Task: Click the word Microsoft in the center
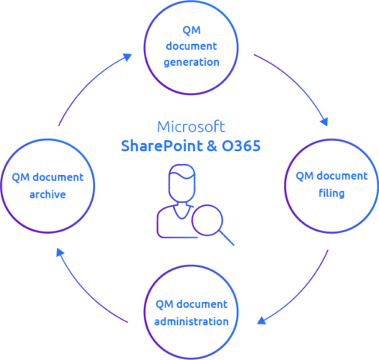coord(191,126)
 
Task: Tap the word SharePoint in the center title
coord(162,146)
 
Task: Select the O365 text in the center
coord(241,146)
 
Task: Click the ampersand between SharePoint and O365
coord(212,146)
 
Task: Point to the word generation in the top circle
coord(191,63)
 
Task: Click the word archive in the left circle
coord(48,194)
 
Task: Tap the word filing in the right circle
coord(332,193)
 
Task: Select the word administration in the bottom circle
coord(191,321)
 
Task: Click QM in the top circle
coord(191,30)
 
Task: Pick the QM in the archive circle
coord(21,177)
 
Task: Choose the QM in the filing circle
coord(305,177)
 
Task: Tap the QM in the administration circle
coord(165,304)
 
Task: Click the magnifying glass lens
coord(207,220)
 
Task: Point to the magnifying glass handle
coord(227,238)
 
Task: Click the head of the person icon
coord(182,183)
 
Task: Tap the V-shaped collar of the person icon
coord(182,212)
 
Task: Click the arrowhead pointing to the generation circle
coord(128,57)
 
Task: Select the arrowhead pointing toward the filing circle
coord(324,122)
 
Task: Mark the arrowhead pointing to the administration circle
coord(261,321)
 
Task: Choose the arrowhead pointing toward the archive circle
coord(60,252)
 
